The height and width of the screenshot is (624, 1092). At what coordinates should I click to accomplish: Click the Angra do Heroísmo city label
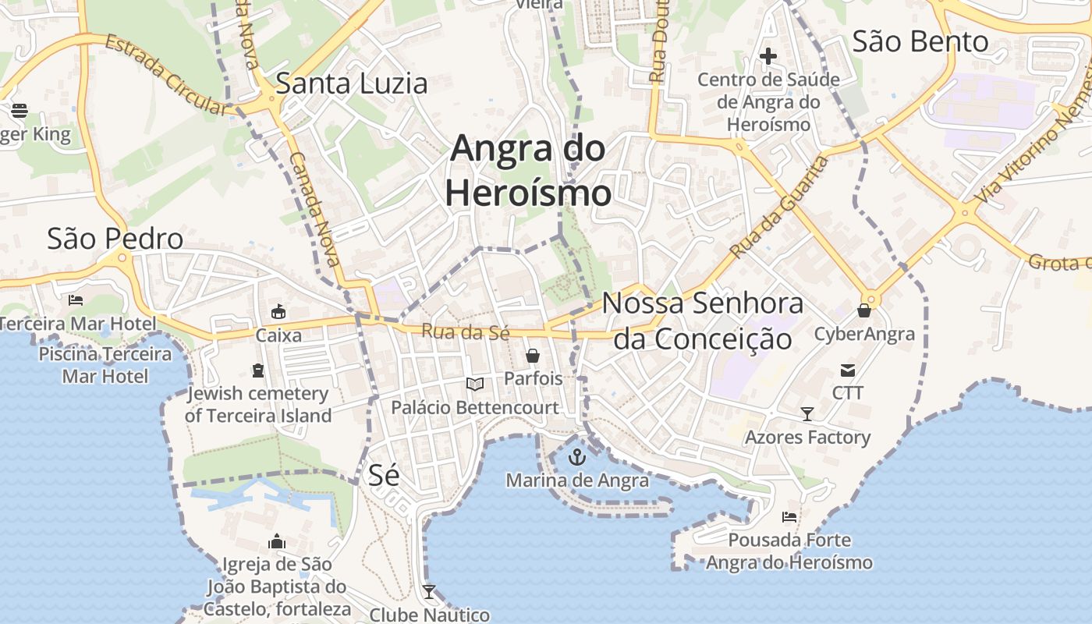(528, 170)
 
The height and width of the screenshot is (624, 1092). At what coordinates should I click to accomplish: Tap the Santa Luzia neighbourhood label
(352, 83)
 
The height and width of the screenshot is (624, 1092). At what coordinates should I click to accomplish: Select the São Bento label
(920, 41)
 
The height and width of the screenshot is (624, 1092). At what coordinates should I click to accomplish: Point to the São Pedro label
(115, 239)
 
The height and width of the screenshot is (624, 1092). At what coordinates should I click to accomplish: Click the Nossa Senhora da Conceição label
(703, 321)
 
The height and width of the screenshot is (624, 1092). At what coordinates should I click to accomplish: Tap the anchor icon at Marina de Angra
(577, 457)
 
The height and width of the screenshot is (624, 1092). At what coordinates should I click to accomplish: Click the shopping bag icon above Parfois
(533, 356)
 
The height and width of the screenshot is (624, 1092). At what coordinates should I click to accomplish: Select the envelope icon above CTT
(847, 370)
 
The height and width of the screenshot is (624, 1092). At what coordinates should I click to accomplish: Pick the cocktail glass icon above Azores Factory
(807, 414)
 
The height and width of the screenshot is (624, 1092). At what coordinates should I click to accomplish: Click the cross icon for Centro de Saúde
(768, 56)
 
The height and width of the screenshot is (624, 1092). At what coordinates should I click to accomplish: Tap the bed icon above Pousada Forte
(789, 517)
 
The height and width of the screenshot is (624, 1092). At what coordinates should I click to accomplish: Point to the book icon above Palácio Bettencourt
(474, 384)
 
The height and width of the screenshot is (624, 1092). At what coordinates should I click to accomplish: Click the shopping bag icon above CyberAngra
(863, 310)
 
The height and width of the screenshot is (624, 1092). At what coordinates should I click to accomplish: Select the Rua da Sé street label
(466, 331)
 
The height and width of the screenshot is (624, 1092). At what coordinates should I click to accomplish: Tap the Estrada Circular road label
(165, 74)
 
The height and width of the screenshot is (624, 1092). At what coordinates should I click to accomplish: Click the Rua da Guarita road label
(778, 207)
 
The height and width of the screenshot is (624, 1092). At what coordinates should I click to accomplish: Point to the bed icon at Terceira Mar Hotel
(76, 300)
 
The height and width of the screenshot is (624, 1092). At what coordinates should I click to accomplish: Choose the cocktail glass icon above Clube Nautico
(428, 592)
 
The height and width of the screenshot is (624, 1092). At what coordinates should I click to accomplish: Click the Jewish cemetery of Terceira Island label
(258, 405)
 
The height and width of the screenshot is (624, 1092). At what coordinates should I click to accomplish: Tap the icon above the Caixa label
(278, 312)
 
